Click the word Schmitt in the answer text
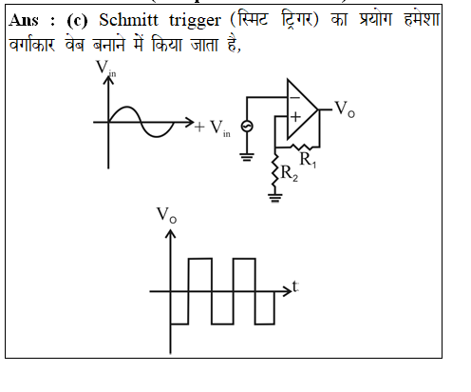[128, 21]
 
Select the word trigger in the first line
[195, 22]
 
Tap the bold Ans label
[24, 21]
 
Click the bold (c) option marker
[77, 21]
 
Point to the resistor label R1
[308, 160]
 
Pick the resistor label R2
[290, 174]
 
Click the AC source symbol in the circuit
[247, 127]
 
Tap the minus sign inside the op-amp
[295, 98]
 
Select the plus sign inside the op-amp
[295, 117]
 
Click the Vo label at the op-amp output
[345, 109]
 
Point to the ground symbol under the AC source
[247, 157]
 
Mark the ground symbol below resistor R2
[275, 198]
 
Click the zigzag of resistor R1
[301, 147]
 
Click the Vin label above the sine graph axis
[106, 69]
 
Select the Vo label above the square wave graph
[166, 215]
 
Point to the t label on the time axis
[295, 286]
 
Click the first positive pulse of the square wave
[200, 259]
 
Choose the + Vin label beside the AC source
[213, 127]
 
